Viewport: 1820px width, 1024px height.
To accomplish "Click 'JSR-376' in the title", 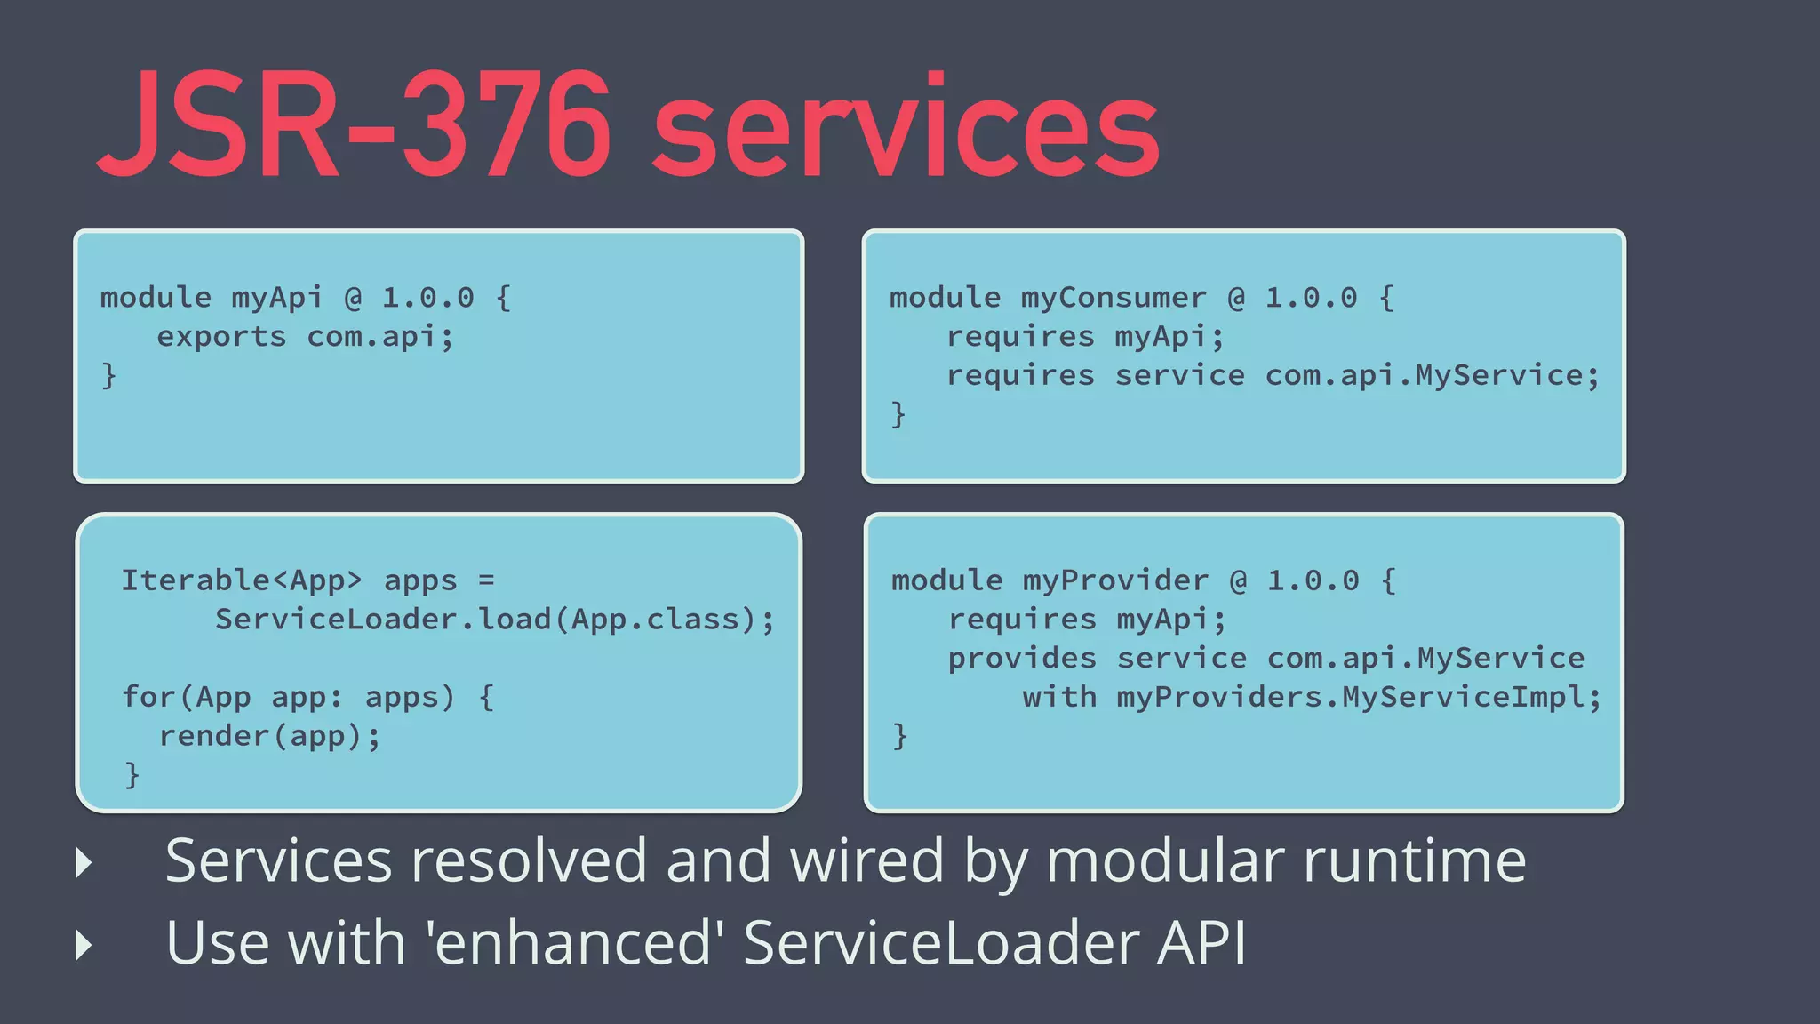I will pyautogui.click(x=355, y=126).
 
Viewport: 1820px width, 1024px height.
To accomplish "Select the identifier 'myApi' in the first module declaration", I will pyautogui.click(x=276, y=297).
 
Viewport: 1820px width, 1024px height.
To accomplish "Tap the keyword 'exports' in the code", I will pyautogui.click(x=221, y=337).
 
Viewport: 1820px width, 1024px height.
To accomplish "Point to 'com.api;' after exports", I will pyautogui.click(x=380, y=337).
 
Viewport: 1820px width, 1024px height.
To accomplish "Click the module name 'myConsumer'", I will pyautogui.click(x=1113, y=297).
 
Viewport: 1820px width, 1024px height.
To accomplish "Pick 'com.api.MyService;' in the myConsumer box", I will pyautogui.click(x=1432, y=375).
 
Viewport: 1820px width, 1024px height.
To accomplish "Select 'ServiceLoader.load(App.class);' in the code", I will pyautogui.click(x=495, y=620).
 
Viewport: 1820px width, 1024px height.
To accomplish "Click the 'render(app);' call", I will pyautogui.click(x=269, y=736).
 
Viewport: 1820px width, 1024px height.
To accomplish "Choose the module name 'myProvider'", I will pyautogui.click(x=1115, y=580).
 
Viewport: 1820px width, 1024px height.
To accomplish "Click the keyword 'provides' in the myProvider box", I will pyautogui.click(x=1022, y=659).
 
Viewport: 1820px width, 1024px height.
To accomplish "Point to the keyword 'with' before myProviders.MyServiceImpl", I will pyautogui.click(x=1059, y=697).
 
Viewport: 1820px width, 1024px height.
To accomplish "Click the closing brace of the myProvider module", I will pyautogui.click(x=899, y=736).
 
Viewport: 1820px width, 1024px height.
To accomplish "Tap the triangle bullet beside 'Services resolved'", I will pyautogui.click(x=84, y=862).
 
